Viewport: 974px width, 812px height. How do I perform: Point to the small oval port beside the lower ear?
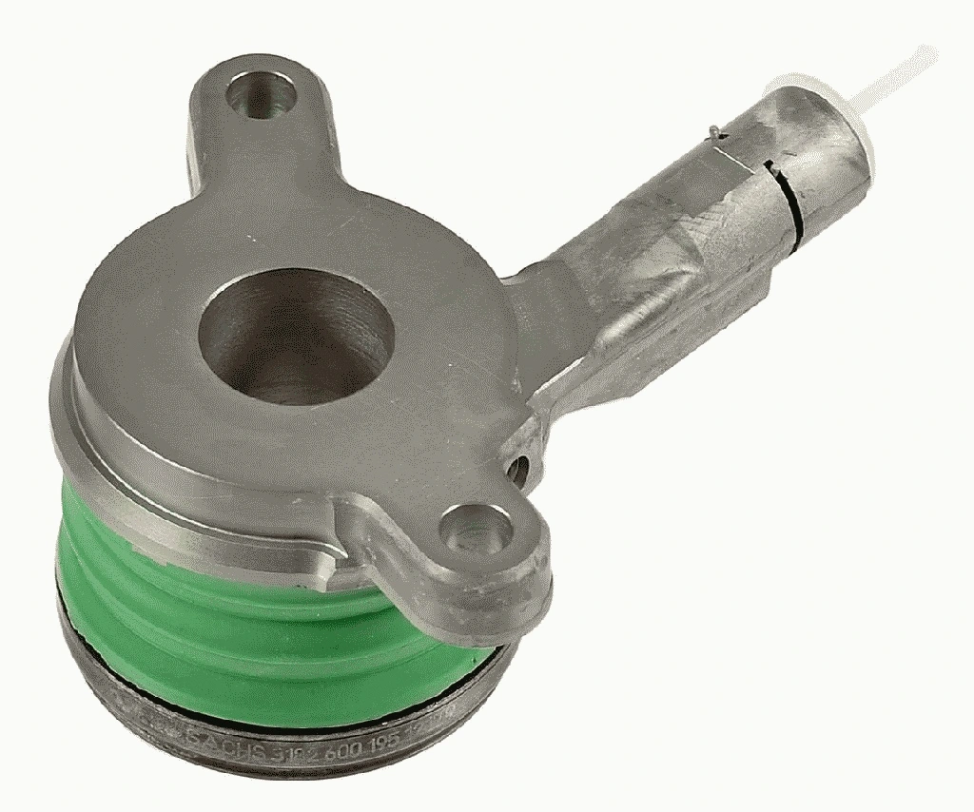[518, 468]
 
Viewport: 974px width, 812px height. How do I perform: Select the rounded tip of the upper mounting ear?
[252, 71]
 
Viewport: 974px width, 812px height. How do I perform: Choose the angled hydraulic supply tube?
[666, 247]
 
